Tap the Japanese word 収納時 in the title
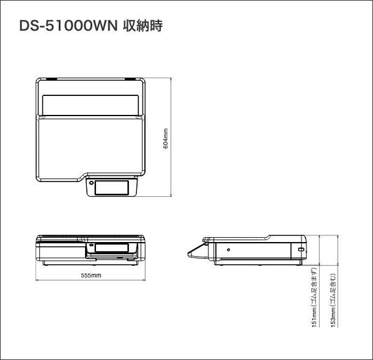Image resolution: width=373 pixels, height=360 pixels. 142,26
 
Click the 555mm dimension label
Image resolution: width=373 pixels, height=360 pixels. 90,276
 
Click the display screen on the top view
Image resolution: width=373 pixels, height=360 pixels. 112,187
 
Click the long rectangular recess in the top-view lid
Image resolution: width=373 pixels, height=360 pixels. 90,105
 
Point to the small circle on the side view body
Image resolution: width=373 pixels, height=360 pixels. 228,249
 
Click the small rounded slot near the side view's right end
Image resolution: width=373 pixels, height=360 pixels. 300,249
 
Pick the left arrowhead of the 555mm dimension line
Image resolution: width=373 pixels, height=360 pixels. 37,281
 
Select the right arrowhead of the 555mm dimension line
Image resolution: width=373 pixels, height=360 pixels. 144,281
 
